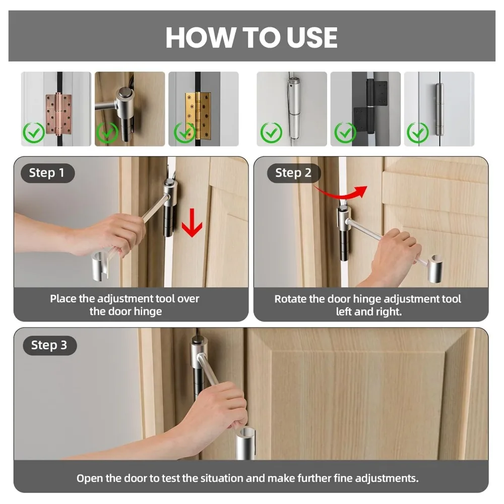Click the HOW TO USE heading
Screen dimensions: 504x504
[x=251, y=37]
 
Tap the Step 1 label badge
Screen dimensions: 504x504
[x=47, y=173]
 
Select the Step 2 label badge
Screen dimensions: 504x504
[x=294, y=173]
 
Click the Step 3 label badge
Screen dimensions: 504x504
[x=49, y=345]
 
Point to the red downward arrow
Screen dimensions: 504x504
[x=192, y=222]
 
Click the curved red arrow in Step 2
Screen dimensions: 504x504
[x=341, y=192]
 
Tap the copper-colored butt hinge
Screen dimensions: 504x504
[x=58, y=114]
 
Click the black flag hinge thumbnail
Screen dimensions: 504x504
[x=365, y=109]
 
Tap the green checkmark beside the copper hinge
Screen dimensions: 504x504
[x=34, y=133]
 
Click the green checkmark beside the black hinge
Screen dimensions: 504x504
[x=345, y=133]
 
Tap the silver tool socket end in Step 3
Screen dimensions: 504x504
[x=245, y=444]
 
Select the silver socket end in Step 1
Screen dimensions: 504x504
[x=100, y=266]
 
